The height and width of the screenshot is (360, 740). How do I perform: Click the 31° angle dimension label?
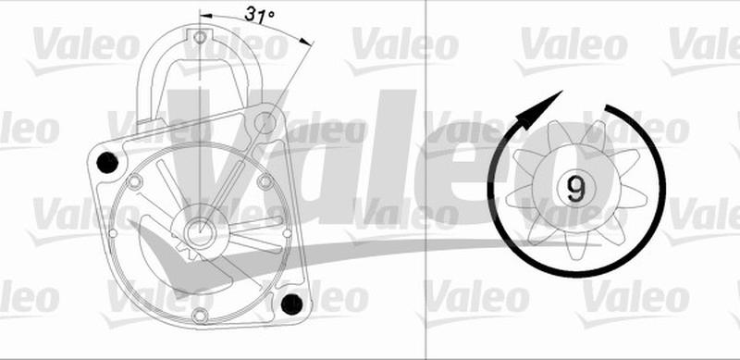261,14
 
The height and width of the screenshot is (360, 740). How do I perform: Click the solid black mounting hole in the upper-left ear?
108,165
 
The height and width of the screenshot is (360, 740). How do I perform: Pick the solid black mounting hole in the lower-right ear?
293,302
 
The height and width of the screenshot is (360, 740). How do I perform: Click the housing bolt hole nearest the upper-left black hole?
136,182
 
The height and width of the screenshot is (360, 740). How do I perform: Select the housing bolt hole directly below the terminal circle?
266,182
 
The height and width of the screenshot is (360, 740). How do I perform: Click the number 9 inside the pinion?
575,189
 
